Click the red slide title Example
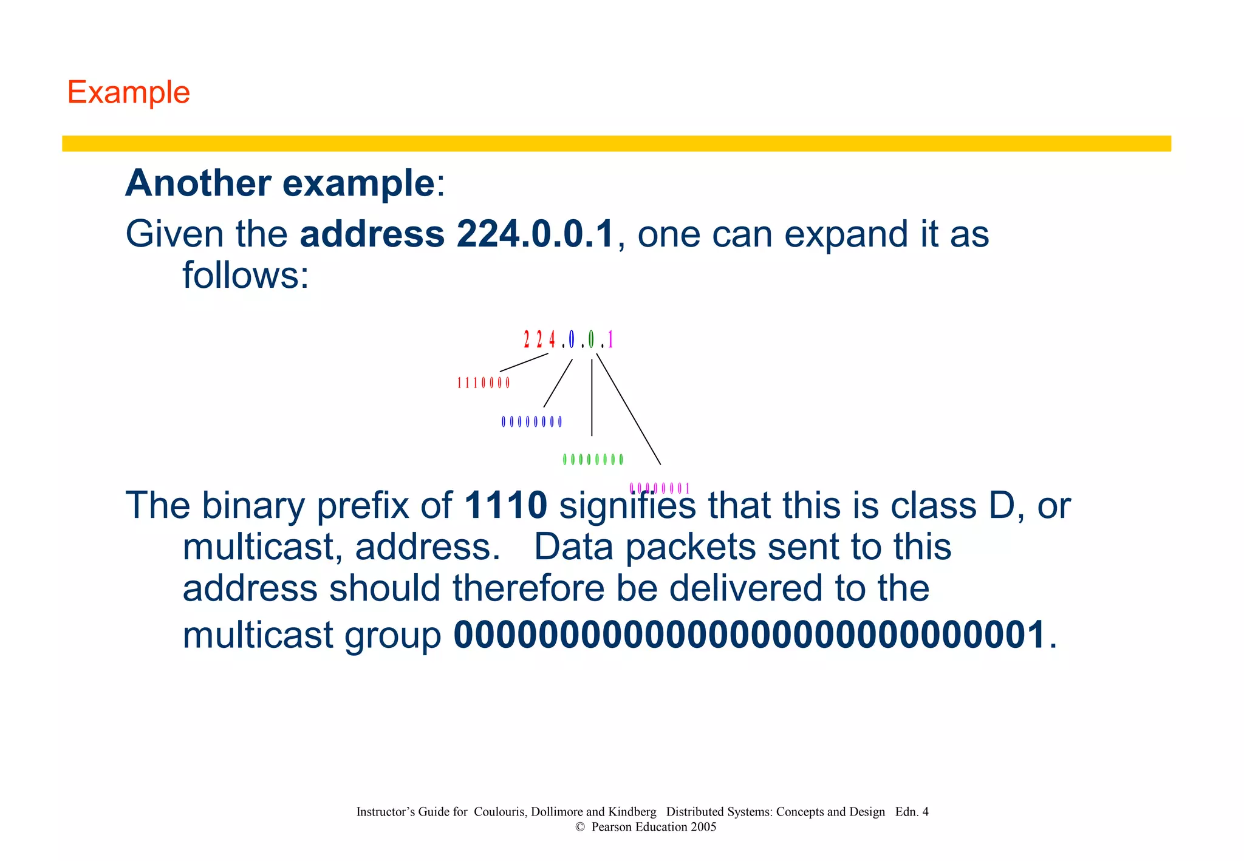point(128,93)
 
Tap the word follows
point(245,276)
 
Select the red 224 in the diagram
point(539,339)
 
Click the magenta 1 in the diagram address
point(610,339)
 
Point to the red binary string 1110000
point(483,383)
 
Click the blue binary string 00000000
point(531,421)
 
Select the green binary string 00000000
point(593,460)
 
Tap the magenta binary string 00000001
point(660,488)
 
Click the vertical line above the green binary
point(592,398)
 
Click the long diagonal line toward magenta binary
point(629,410)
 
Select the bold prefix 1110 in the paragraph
point(505,505)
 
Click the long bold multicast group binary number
point(750,635)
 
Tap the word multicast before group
point(258,635)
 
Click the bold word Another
point(198,183)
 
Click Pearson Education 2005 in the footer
point(654,827)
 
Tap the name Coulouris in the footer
point(499,812)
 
